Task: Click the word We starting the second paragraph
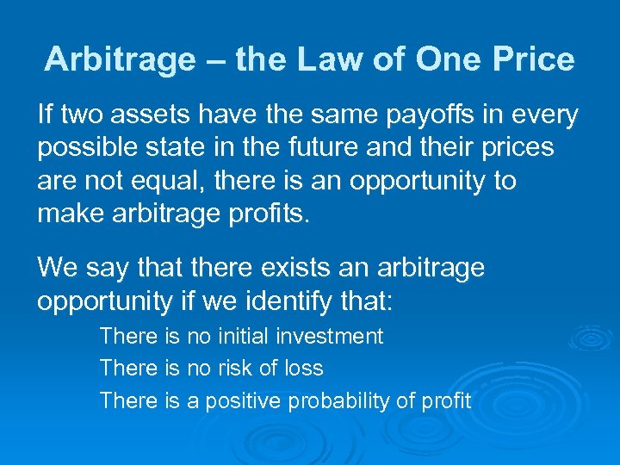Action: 56,268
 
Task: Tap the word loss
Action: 303,369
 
